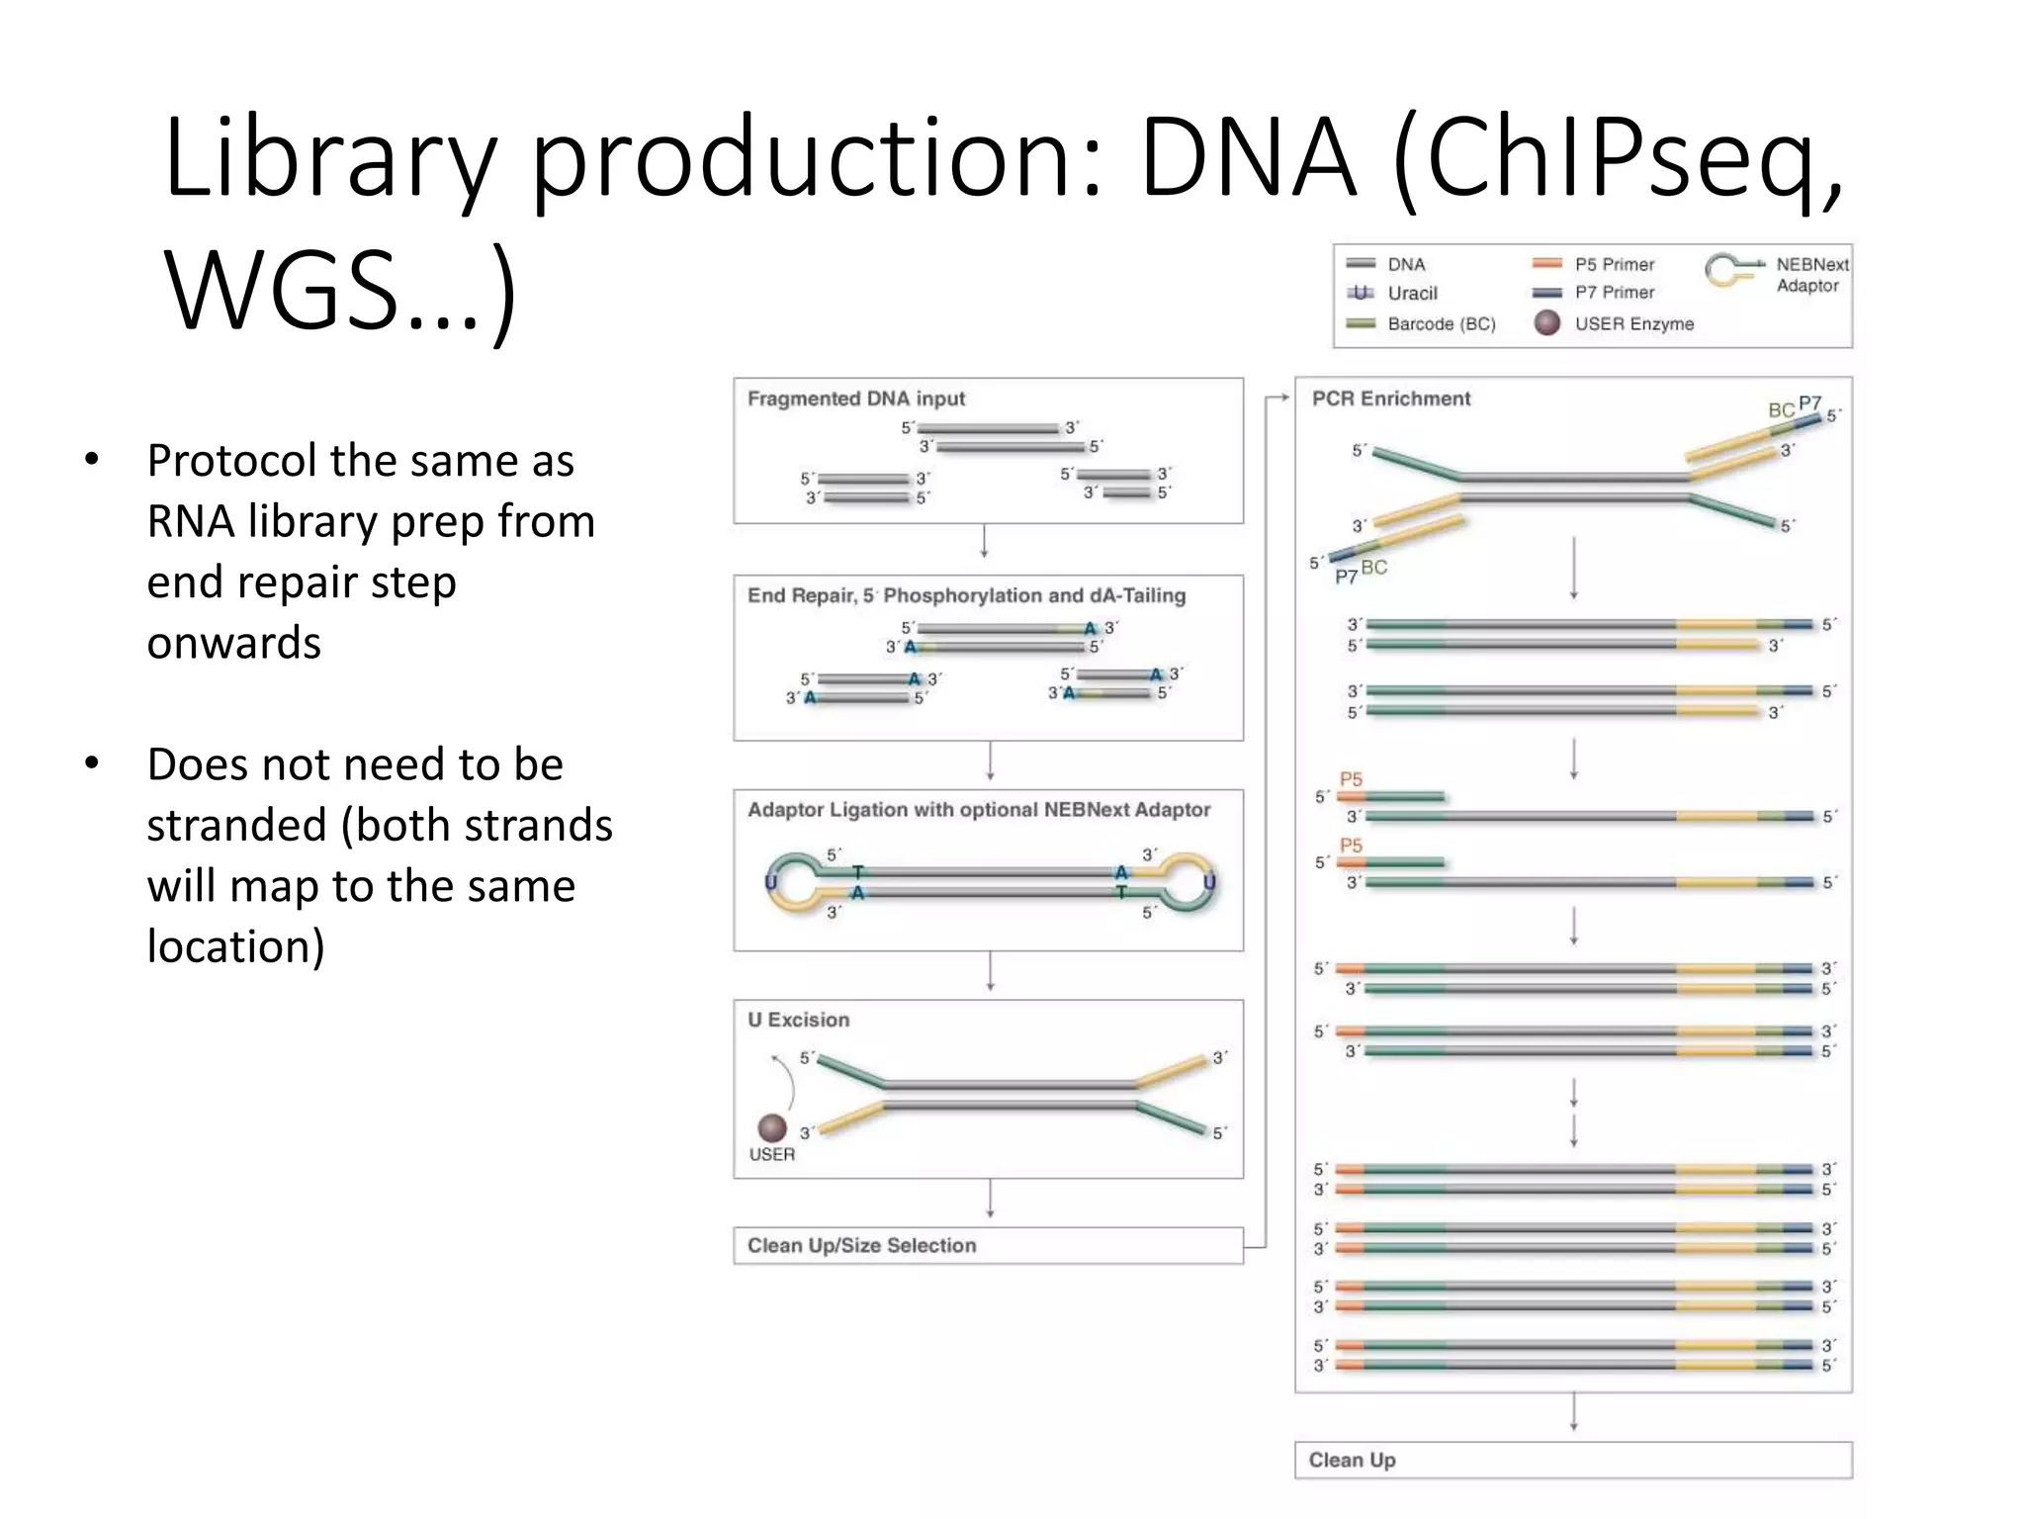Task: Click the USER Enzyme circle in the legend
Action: (1546, 322)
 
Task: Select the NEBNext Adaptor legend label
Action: (1810, 275)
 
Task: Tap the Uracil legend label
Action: (1412, 293)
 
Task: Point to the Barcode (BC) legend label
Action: (1441, 323)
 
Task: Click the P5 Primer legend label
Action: (1614, 264)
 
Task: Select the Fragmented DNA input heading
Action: (855, 399)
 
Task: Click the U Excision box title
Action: (798, 1020)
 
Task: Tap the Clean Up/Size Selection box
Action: (987, 1245)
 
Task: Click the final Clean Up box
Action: (1572, 1460)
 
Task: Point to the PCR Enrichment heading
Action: (1390, 399)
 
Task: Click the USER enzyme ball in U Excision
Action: (772, 1127)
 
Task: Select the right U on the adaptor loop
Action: (1208, 881)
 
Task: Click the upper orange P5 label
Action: (1351, 779)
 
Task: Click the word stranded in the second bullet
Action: (236, 826)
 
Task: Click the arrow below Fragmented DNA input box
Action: (984, 542)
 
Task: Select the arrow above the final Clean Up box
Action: (1573, 1412)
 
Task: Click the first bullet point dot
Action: (92, 460)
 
